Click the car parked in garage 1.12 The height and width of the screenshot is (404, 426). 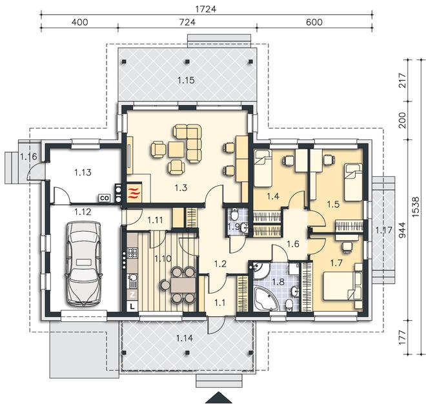[83, 264]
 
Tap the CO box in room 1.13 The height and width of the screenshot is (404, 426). [104, 198]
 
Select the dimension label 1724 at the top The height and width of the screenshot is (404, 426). [206, 9]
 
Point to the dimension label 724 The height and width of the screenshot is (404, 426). [187, 22]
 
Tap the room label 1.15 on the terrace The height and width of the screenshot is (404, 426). [186, 81]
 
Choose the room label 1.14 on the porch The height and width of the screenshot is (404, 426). [185, 338]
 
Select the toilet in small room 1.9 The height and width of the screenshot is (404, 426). [234, 214]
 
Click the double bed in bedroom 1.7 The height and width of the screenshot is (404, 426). [342, 286]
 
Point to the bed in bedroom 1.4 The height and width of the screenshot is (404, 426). [263, 168]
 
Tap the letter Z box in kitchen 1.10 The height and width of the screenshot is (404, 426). [132, 294]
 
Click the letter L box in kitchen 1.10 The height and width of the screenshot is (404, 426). [132, 307]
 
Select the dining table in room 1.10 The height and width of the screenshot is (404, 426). [183, 285]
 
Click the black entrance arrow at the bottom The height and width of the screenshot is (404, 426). [218, 398]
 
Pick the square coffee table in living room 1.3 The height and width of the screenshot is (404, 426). [177, 150]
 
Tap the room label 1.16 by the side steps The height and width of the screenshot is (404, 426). [28, 157]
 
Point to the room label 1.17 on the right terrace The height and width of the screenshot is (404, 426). [384, 230]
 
